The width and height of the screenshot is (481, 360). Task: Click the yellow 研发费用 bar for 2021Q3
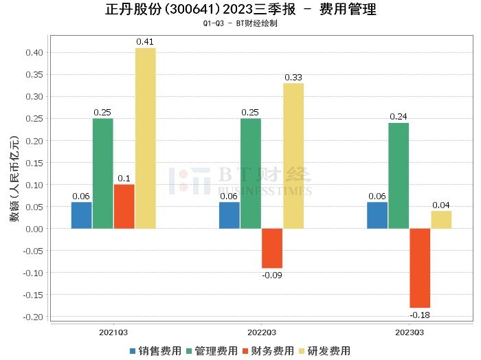(145, 138)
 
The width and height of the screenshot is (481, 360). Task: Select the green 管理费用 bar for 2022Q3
(251, 173)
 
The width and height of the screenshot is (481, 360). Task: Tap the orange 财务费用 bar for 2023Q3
(420, 268)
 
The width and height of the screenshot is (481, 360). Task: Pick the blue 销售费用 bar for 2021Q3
(81, 215)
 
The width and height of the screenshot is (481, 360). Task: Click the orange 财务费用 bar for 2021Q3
(124, 206)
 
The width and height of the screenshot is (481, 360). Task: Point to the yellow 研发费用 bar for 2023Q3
(441, 220)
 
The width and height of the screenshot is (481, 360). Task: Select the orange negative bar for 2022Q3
(272, 248)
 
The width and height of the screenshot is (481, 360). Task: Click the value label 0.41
(145, 42)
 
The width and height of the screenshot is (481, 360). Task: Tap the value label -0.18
(420, 315)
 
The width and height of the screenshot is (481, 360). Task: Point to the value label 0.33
(293, 78)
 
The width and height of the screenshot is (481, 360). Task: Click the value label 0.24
(399, 117)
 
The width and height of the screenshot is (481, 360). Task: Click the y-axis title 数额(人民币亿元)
(14, 183)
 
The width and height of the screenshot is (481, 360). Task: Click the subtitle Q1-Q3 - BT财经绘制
(240, 23)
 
